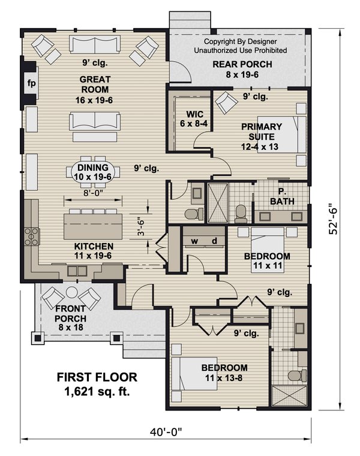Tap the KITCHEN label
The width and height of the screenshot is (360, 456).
point(94,251)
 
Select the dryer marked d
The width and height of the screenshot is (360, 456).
point(214,241)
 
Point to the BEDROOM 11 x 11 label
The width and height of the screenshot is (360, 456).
point(267,260)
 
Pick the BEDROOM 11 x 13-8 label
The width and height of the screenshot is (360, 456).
point(224,372)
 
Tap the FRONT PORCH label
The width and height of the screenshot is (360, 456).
point(71,318)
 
